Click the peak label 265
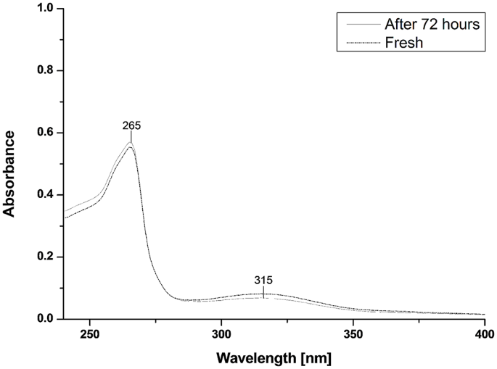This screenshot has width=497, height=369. [x=131, y=125]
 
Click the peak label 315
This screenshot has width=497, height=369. [x=263, y=280]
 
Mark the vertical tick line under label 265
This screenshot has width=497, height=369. [x=131, y=137]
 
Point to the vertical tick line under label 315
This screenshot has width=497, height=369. [x=263, y=291]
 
